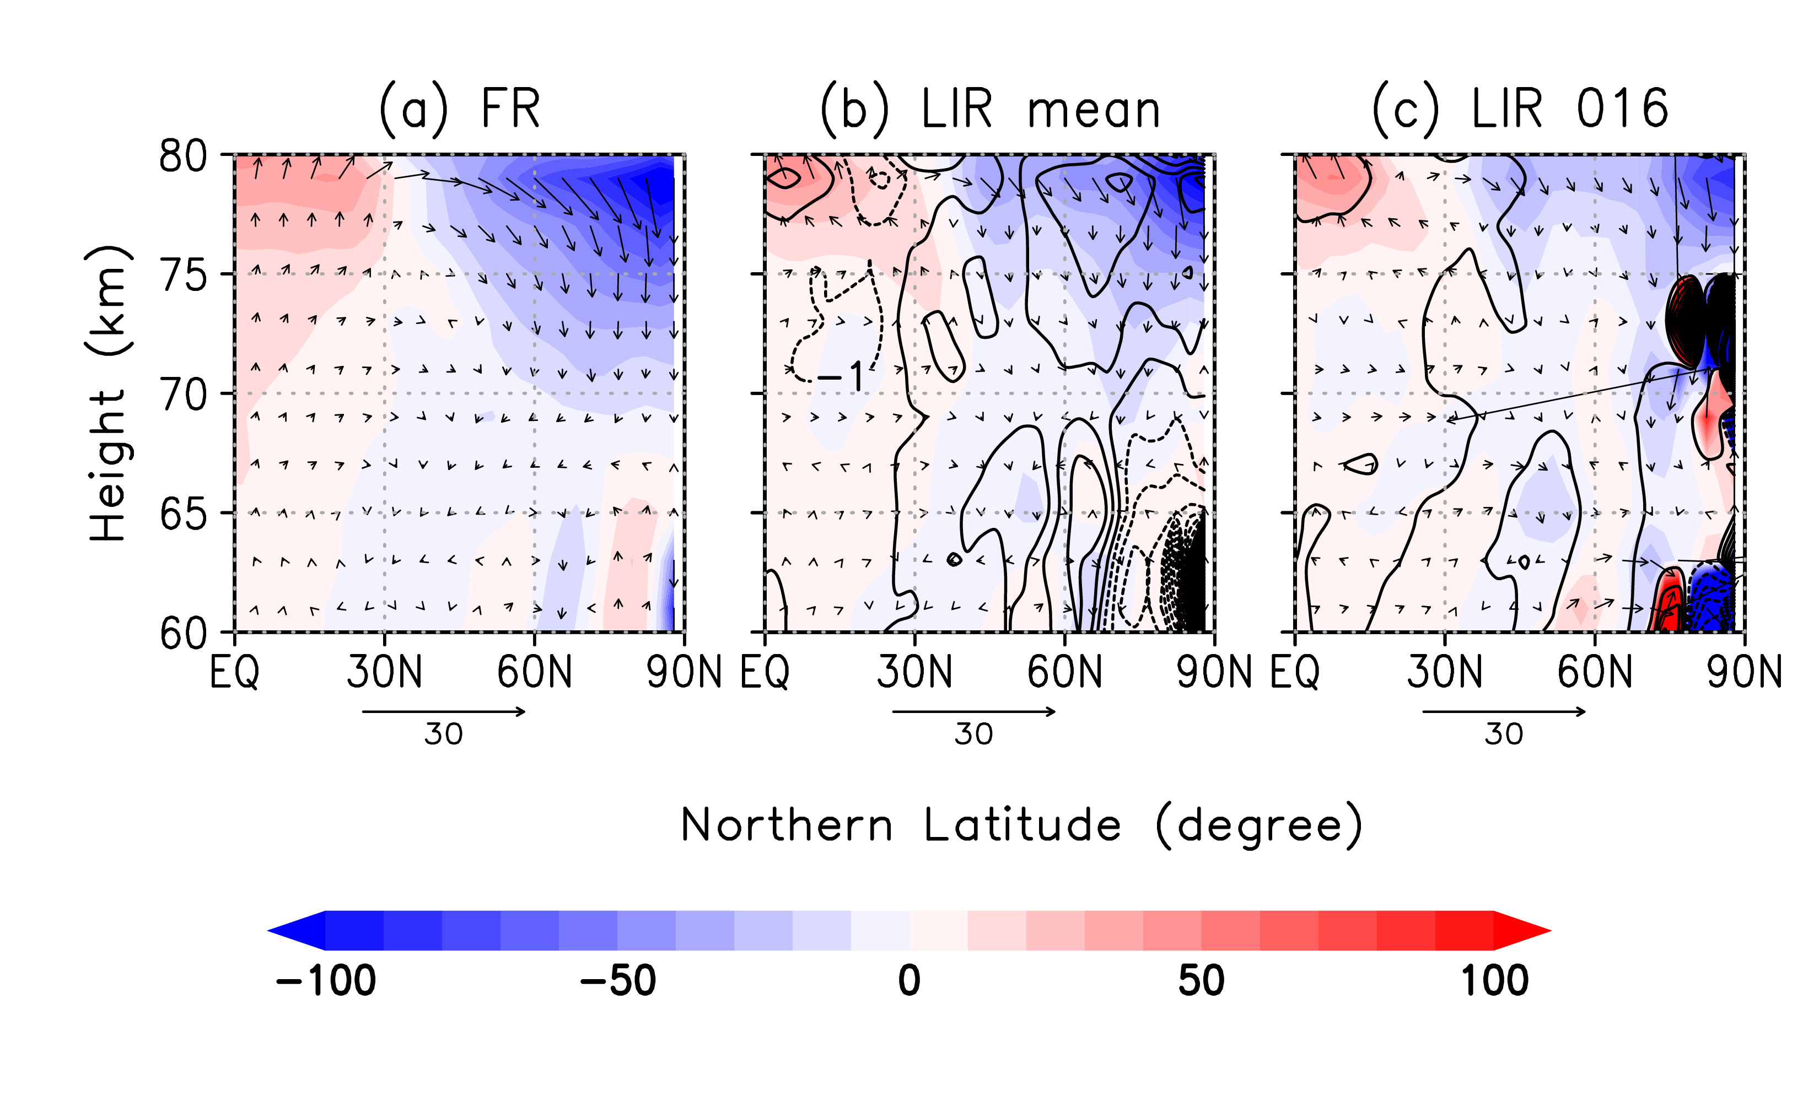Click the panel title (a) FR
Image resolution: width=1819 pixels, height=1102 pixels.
[459, 109]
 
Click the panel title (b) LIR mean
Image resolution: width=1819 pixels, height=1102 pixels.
[989, 109]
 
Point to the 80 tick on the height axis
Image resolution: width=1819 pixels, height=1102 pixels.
[183, 156]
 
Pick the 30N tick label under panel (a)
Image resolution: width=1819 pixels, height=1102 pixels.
[384, 672]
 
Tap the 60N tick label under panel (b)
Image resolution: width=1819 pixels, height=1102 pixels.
[1064, 672]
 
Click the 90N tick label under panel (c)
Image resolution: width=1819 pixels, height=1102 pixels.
[1743, 672]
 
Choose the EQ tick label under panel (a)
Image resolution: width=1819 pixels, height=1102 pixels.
[234, 672]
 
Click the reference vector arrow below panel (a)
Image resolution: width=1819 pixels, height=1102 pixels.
[444, 711]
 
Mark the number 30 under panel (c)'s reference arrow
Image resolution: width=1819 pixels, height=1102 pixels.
[1504, 734]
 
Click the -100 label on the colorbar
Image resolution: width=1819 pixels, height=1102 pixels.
[326, 981]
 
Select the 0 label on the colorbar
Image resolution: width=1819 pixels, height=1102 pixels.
[909, 981]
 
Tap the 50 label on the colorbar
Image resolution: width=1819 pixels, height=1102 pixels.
[1201, 981]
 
